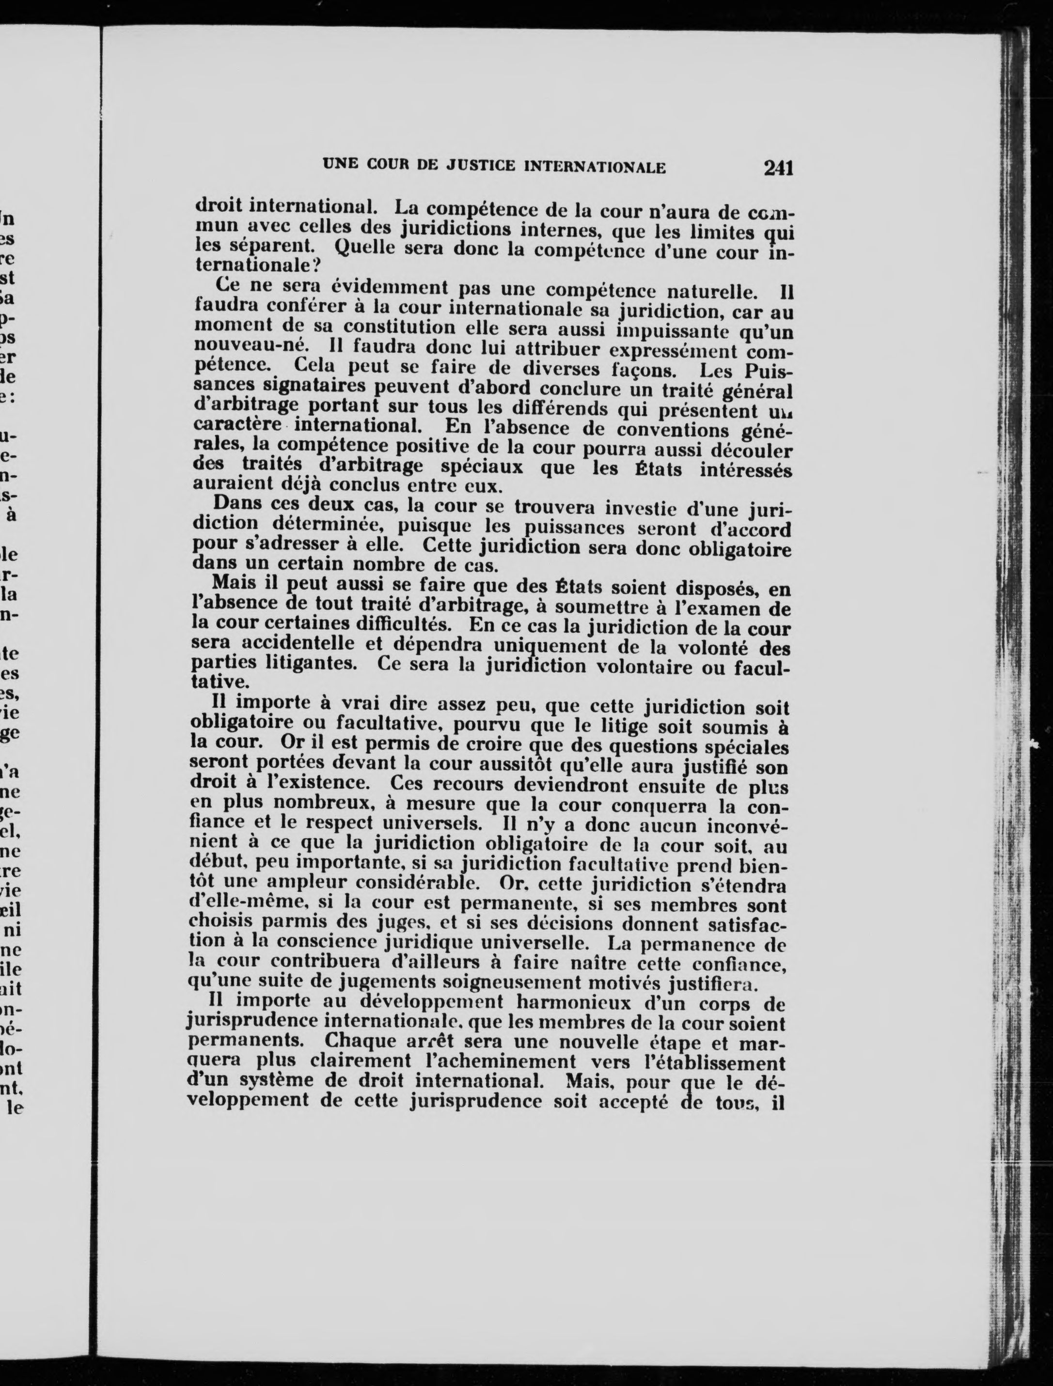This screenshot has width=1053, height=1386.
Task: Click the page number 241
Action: [778, 168]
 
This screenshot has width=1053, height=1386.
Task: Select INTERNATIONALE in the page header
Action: [594, 167]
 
